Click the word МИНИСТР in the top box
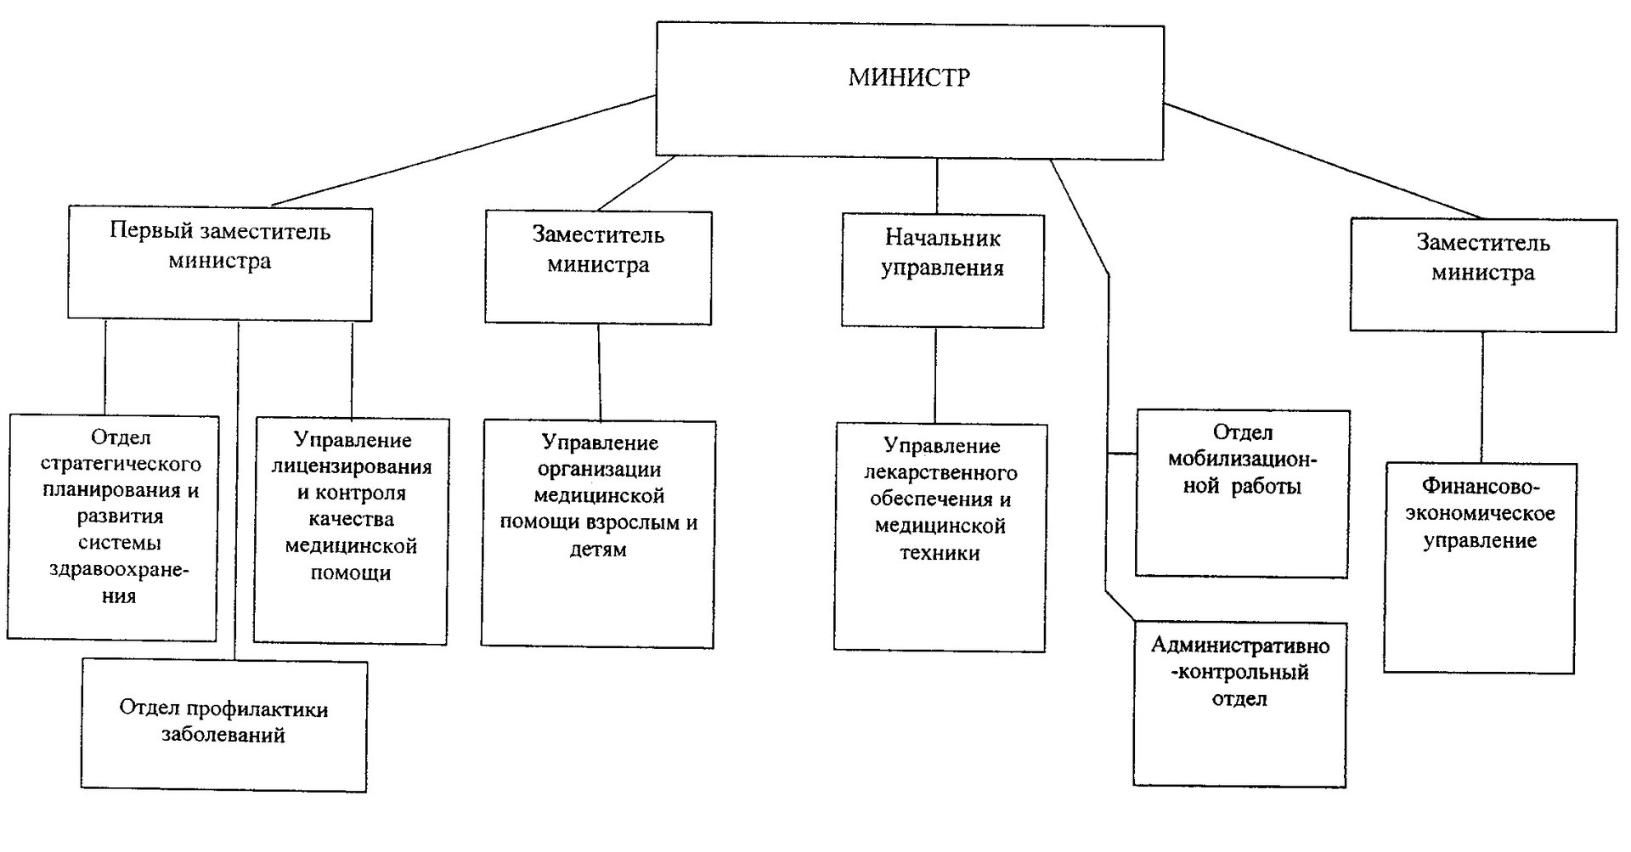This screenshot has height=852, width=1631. pyautogui.click(x=909, y=78)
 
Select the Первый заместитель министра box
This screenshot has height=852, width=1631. pyautogui.click(x=220, y=263)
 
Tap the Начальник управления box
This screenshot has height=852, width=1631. pyautogui.click(x=943, y=270)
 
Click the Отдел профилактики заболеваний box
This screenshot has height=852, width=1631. pyautogui.click(x=225, y=726)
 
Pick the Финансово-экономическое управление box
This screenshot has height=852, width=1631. pyautogui.click(x=1480, y=567)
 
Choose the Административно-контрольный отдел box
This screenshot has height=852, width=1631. pyautogui.click(x=1240, y=704)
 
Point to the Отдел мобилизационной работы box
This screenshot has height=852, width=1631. pyautogui.click(x=1243, y=494)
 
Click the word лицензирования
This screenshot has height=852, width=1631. pyautogui.click(x=351, y=466)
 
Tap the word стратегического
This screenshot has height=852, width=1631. pyautogui.click(x=121, y=464)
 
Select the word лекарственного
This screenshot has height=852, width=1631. pyautogui.click(x=940, y=472)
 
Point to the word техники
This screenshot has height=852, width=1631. pyautogui.click(x=940, y=553)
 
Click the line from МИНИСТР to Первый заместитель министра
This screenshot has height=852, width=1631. pyautogui.click(x=464, y=150)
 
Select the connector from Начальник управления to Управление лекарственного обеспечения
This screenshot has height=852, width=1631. pyautogui.click(x=935, y=375)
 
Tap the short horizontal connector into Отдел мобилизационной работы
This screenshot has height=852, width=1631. pyautogui.click(x=1122, y=454)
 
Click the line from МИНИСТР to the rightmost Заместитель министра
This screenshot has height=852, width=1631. pyautogui.click(x=1323, y=161)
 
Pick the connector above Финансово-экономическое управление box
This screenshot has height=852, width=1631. pyautogui.click(x=1482, y=397)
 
